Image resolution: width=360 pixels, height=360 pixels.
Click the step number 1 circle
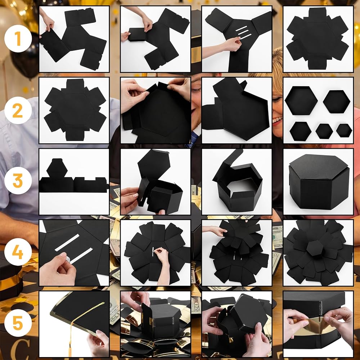tap(18, 39)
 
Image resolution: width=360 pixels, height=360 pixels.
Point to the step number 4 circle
tap(18, 252)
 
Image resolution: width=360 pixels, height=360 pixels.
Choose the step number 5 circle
tap(18, 323)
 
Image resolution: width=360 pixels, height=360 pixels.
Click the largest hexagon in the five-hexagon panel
tap(301, 100)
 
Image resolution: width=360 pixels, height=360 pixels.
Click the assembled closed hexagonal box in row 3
tap(319, 182)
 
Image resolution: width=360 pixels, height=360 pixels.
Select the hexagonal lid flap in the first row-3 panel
tap(57, 168)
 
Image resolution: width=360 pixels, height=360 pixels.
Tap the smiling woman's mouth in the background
tap(278, 120)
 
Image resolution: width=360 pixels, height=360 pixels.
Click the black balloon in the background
tap(22, 57)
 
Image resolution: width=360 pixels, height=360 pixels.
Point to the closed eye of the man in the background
tap(196, 90)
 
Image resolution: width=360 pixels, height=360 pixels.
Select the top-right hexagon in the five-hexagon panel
tap(337, 102)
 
